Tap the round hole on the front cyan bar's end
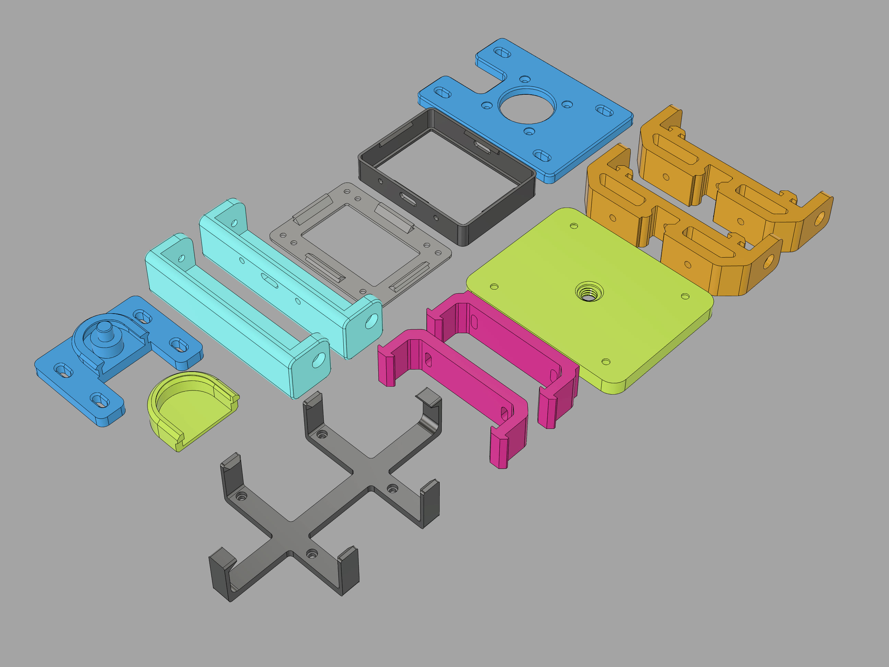318,360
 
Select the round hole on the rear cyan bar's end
371,320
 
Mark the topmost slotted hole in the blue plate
502,52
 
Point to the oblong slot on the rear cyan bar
269,280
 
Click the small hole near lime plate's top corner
574,226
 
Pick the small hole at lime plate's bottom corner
606,362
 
